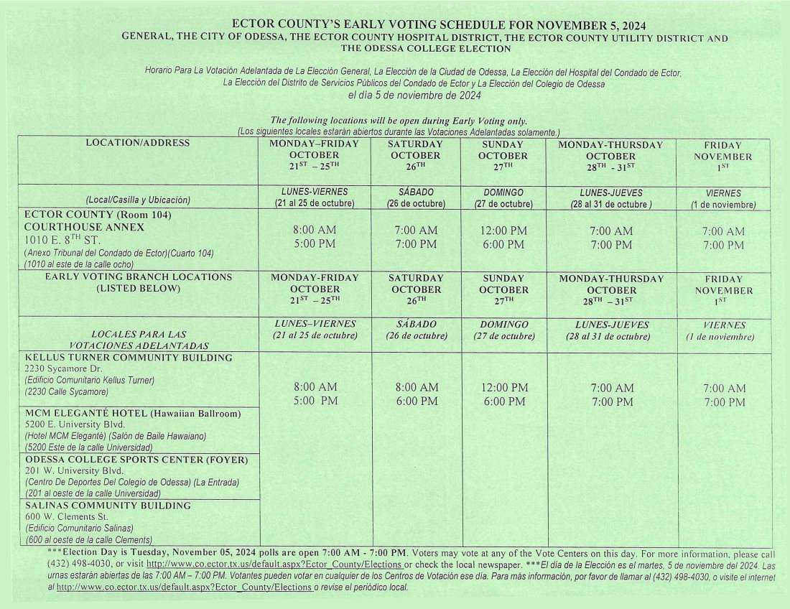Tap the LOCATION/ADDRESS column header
point(137,143)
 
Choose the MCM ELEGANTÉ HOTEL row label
point(133,414)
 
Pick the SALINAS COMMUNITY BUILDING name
point(108,506)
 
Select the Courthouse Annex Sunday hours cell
point(503,238)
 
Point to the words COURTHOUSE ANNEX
point(84,227)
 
